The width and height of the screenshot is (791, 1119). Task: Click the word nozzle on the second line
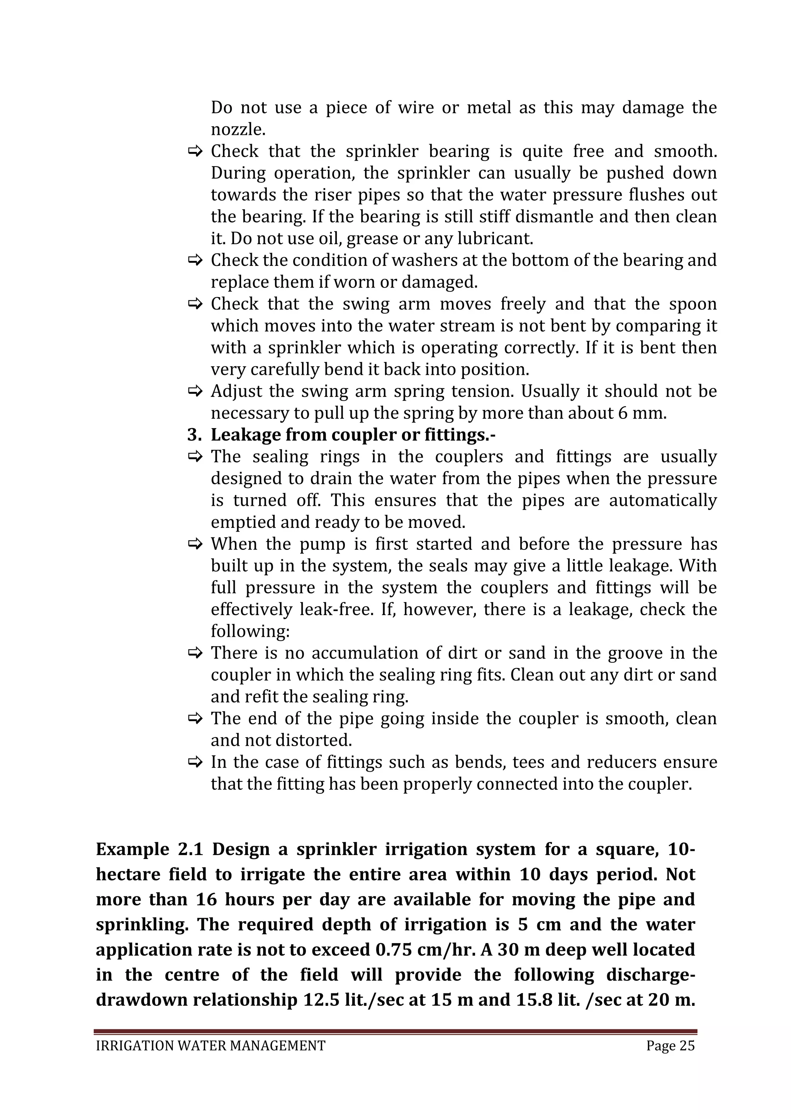pos(237,130)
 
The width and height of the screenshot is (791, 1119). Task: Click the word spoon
pos(693,304)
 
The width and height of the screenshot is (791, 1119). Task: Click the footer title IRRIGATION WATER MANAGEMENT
pos(210,1046)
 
